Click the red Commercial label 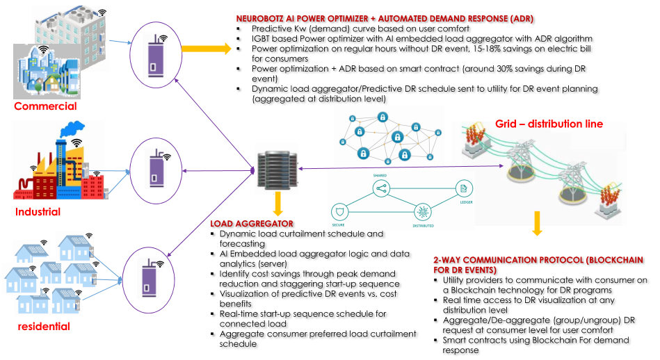click(x=46, y=106)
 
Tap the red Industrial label click(x=38, y=211)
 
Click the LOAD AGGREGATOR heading click(x=251, y=224)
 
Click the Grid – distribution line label click(x=549, y=124)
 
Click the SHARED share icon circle click(x=380, y=188)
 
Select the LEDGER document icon click(x=463, y=188)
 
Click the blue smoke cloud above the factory click(x=72, y=129)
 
